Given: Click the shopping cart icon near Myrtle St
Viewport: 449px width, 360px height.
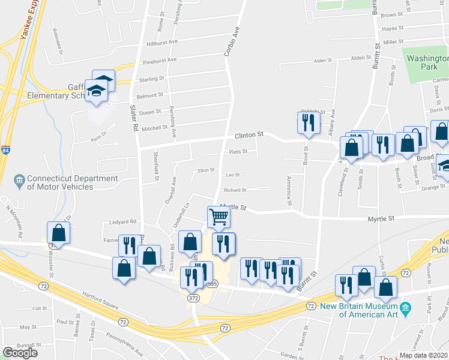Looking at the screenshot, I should tap(219, 217).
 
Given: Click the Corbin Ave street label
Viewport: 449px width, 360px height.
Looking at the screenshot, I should tap(232, 41).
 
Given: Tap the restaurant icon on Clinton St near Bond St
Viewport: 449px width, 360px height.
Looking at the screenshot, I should tap(307, 123).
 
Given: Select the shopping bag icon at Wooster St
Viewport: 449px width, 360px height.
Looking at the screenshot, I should tap(58, 232).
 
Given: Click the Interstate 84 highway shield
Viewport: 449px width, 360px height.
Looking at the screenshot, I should tap(5, 149).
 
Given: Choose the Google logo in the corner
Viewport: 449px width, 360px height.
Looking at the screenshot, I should tap(20, 352).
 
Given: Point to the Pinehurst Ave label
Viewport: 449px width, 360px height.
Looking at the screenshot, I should tap(160, 60).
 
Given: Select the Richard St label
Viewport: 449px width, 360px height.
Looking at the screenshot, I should tap(235, 190).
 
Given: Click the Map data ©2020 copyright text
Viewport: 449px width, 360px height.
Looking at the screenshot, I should tap(424, 355).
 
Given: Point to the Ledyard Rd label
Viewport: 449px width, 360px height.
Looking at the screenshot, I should tap(123, 221).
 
